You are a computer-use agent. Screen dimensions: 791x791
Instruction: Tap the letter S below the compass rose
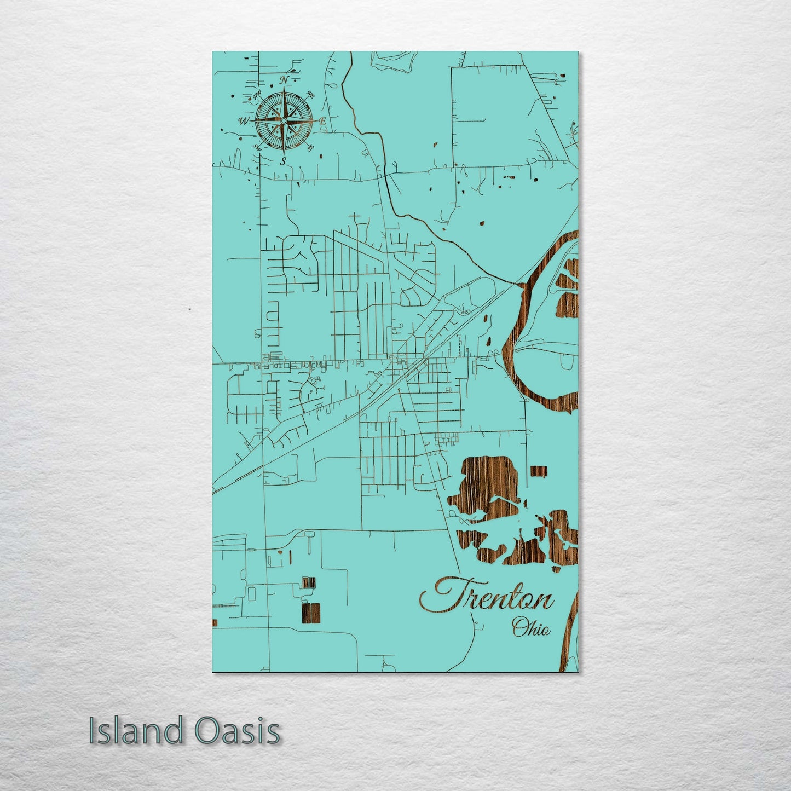coord(283,161)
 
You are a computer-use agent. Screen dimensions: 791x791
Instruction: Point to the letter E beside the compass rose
coord(323,121)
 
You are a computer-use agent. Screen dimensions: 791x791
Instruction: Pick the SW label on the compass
coord(256,147)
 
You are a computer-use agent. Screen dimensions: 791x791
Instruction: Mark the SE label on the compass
coord(310,147)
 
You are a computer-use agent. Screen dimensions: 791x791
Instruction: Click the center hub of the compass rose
coord(284,120)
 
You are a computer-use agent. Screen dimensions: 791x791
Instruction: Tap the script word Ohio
coord(531,628)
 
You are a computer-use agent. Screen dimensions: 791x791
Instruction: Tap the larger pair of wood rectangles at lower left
coord(310,613)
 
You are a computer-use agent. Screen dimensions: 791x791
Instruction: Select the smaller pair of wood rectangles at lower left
coord(308,582)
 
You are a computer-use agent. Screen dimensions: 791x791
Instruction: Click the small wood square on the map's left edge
coord(215,623)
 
